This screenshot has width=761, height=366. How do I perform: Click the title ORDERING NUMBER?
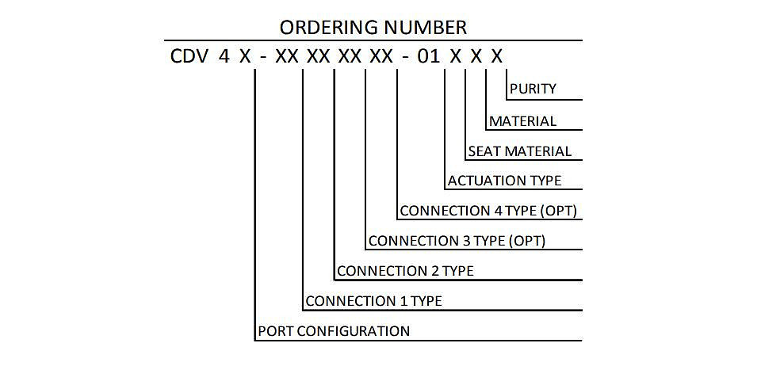click(x=373, y=27)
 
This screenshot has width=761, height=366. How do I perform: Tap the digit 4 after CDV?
click(x=224, y=57)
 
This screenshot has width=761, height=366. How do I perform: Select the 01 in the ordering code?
click(x=429, y=57)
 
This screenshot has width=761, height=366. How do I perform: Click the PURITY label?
click(x=533, y=89)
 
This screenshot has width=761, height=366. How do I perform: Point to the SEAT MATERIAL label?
click(x=519, y=151)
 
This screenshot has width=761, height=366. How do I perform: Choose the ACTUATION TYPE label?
click(x=504, y=181)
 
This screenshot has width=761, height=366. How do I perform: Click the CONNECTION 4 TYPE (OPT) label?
click(x=488, y=211)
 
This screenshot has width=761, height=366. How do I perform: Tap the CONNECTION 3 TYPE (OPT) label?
click(x=457, y=241)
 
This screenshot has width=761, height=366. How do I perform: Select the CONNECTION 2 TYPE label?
click(x=405, y=270)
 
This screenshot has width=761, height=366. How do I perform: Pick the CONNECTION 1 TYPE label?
click(x=373, y=300)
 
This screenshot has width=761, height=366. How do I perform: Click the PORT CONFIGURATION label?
click(x=334, y=331)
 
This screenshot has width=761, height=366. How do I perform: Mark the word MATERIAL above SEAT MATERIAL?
click(x=522, y=121)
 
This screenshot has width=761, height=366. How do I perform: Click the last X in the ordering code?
click(x=496, y=57)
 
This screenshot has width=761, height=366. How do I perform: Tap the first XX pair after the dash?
click(x=287, y=57)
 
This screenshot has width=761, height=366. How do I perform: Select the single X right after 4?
click(x=245, y=57)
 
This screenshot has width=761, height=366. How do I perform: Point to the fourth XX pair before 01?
click(x=381, y=57)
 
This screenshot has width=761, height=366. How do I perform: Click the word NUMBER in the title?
click(x=425, y=27)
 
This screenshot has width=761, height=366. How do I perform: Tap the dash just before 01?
click(x=404, y=58)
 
